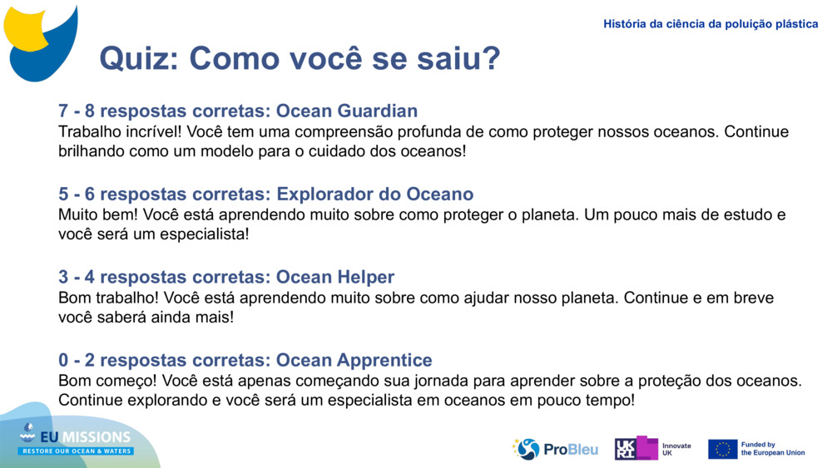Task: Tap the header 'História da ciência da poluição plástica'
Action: [x=711, y=24]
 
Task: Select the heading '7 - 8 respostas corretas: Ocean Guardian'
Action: [x=238, y=111]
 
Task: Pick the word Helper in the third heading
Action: [x=365, y=277]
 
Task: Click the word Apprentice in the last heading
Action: [x=384, y=360]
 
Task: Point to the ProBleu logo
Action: [x=555, y=449]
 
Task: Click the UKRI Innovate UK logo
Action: [x=653, y=448]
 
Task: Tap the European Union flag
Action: [x=723, y=449]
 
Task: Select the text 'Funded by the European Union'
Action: [x=773, y=449]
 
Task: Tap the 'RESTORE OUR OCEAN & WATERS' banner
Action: [x=76, y=451]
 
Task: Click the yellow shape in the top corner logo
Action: [x=25, y=29]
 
